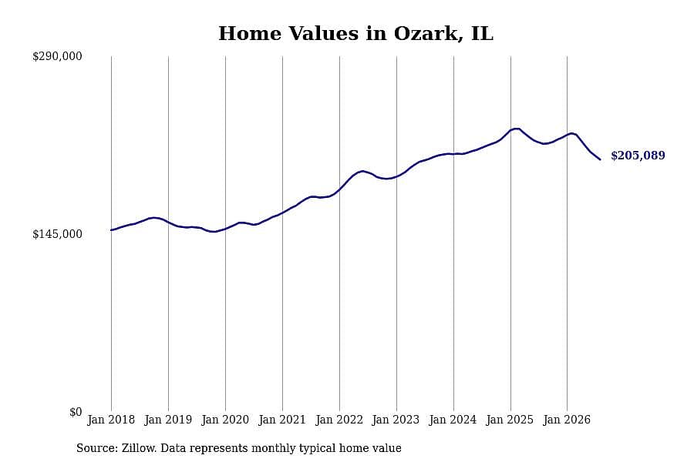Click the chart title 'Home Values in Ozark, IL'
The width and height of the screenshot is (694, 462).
point(355,34)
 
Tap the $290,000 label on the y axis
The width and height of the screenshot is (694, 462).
point(57,56)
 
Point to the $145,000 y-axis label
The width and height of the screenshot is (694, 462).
point(57,234)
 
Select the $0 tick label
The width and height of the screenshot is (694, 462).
point(76,412)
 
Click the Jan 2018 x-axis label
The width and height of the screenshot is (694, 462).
point(111,420)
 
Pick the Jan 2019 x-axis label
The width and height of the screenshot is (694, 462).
point(168,420)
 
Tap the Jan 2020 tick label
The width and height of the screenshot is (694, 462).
point(225,420)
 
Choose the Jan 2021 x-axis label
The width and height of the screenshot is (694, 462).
point(282,420)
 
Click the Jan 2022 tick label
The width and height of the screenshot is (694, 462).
point(339,420)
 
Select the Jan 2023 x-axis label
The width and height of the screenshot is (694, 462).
point(396,420)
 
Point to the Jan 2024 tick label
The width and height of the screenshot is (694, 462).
point(453,420)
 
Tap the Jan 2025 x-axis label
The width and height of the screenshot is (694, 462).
point(510,420)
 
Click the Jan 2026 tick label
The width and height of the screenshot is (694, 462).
point(567,420)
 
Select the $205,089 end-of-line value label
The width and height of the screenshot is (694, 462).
point(638,156)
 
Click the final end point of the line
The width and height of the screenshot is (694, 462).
point(600,159)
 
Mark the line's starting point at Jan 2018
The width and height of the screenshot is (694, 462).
point(111,230)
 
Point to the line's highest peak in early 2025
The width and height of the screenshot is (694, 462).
point(516,129)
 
